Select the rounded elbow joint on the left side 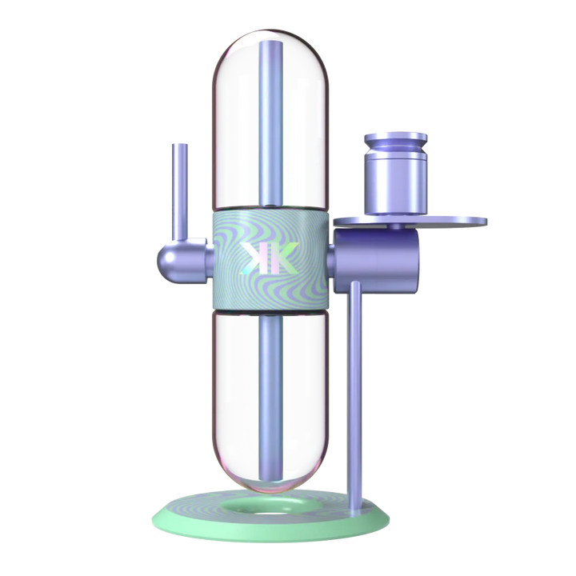177,256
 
